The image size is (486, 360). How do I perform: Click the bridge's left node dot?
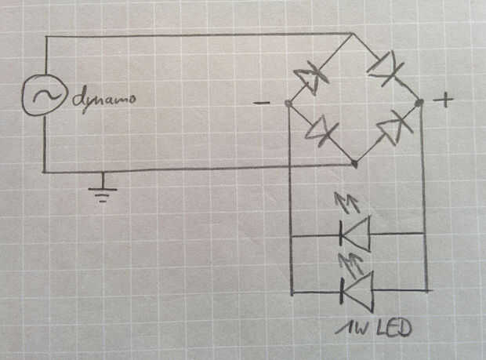[x=288, y=104]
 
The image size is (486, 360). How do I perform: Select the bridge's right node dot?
[x=420, y=102]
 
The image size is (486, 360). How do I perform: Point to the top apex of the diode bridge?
[x=351, y=34]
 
